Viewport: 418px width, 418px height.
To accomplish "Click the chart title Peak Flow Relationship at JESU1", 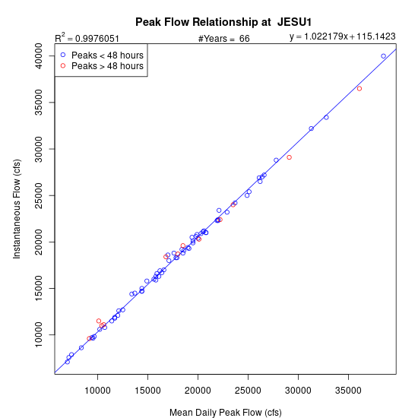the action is [223, 22].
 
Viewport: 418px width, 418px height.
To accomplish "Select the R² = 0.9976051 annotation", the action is [87, 38].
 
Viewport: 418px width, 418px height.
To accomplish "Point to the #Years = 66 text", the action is [224, 39].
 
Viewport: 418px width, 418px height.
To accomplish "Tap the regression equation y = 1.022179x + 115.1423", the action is [343, 36].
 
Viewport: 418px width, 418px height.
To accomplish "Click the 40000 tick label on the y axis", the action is [39, 56].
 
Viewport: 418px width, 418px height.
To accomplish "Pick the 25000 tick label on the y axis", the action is [39, 195].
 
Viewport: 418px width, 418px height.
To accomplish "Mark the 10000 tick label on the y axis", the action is [39, 335].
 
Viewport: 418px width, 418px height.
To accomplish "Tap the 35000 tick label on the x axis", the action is [348, 391].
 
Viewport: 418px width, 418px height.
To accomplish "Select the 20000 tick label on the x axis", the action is [198, 391].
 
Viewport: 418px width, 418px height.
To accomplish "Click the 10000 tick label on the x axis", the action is [97, 391].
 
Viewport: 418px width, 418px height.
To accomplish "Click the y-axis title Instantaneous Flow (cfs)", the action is [17, 209].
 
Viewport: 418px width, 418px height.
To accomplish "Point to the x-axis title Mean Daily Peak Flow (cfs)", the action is [226, 413].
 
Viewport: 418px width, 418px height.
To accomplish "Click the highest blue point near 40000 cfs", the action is [383, 56].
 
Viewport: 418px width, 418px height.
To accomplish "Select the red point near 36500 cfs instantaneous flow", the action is [359, 88].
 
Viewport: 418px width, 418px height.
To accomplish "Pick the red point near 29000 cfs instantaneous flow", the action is [290, 157].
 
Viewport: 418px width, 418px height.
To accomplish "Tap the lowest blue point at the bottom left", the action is [68, 362].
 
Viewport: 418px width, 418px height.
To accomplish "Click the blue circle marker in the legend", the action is [63, 55].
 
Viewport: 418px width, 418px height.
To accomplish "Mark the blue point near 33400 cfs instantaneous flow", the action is [326, 117].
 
